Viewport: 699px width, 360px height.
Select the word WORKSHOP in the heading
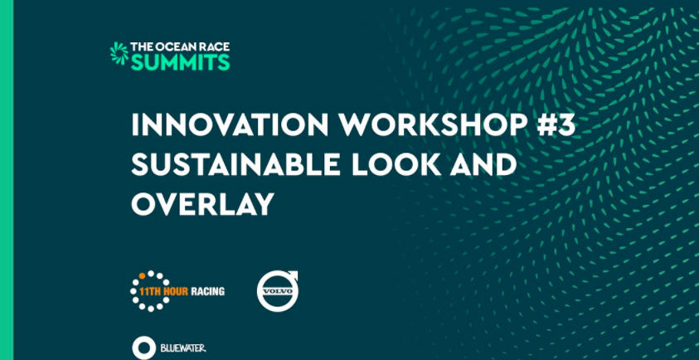[x=433, y=125]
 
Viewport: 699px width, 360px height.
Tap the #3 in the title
[x=556, y=125]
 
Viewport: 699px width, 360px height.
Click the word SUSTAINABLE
[x=235, y=164]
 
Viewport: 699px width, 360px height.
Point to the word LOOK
[x=395, y=164]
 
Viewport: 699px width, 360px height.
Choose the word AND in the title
[x=482, y=164]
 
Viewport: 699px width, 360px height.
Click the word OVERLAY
[x=202, y=204]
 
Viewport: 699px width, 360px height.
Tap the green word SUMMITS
[x=181, y=62]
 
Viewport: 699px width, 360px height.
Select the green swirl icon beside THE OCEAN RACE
[x=119, y=53]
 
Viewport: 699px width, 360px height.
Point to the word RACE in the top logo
[x=216, y=46]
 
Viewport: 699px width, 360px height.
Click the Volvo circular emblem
[x=277, y=291]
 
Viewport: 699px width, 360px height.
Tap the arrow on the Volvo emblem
[x=292, y=276]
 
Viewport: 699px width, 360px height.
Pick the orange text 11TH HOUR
[x=163, y=292]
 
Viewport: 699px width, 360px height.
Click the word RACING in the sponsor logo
[x=208, y=292]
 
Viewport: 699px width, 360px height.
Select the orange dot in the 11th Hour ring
[x=143, y=275]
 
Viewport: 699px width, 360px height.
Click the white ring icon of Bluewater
[x=144, y=348]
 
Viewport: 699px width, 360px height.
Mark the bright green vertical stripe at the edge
[x=7, y=180]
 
